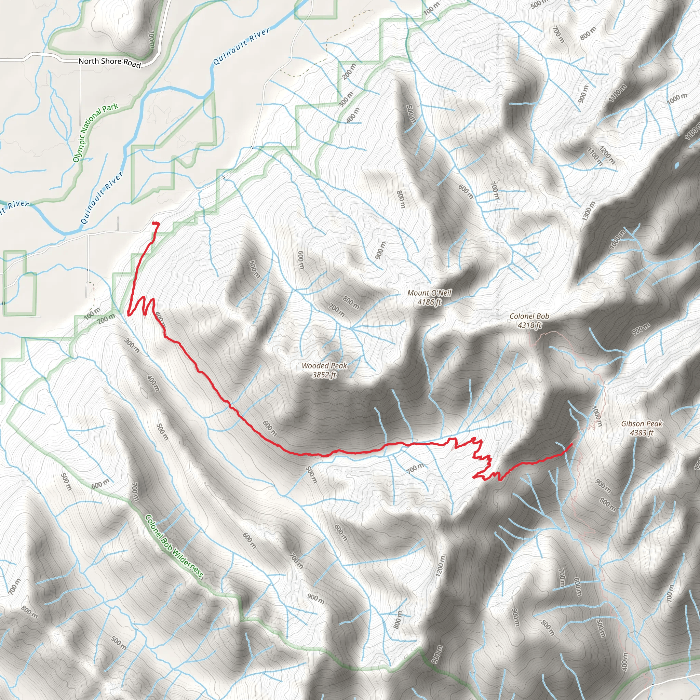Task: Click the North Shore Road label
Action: click(109, 62)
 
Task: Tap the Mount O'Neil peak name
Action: click(429, 293)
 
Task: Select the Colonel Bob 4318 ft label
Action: click(529, 321)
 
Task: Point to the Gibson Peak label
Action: click(642, 423)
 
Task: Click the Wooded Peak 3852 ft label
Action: click(324, 370)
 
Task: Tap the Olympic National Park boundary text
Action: click(95, 133)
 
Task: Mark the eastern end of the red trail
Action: click(572, 444)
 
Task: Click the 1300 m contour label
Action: click(589, 211)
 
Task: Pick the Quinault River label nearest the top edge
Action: click(241, 46)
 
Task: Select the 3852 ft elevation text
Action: click(324, 375)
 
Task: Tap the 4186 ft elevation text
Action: click(429, 302)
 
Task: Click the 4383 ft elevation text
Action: click(642, 433)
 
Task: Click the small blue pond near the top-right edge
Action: click(676, 165)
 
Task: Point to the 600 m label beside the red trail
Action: click(270, 428)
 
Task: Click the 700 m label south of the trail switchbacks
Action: click(415, 469)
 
